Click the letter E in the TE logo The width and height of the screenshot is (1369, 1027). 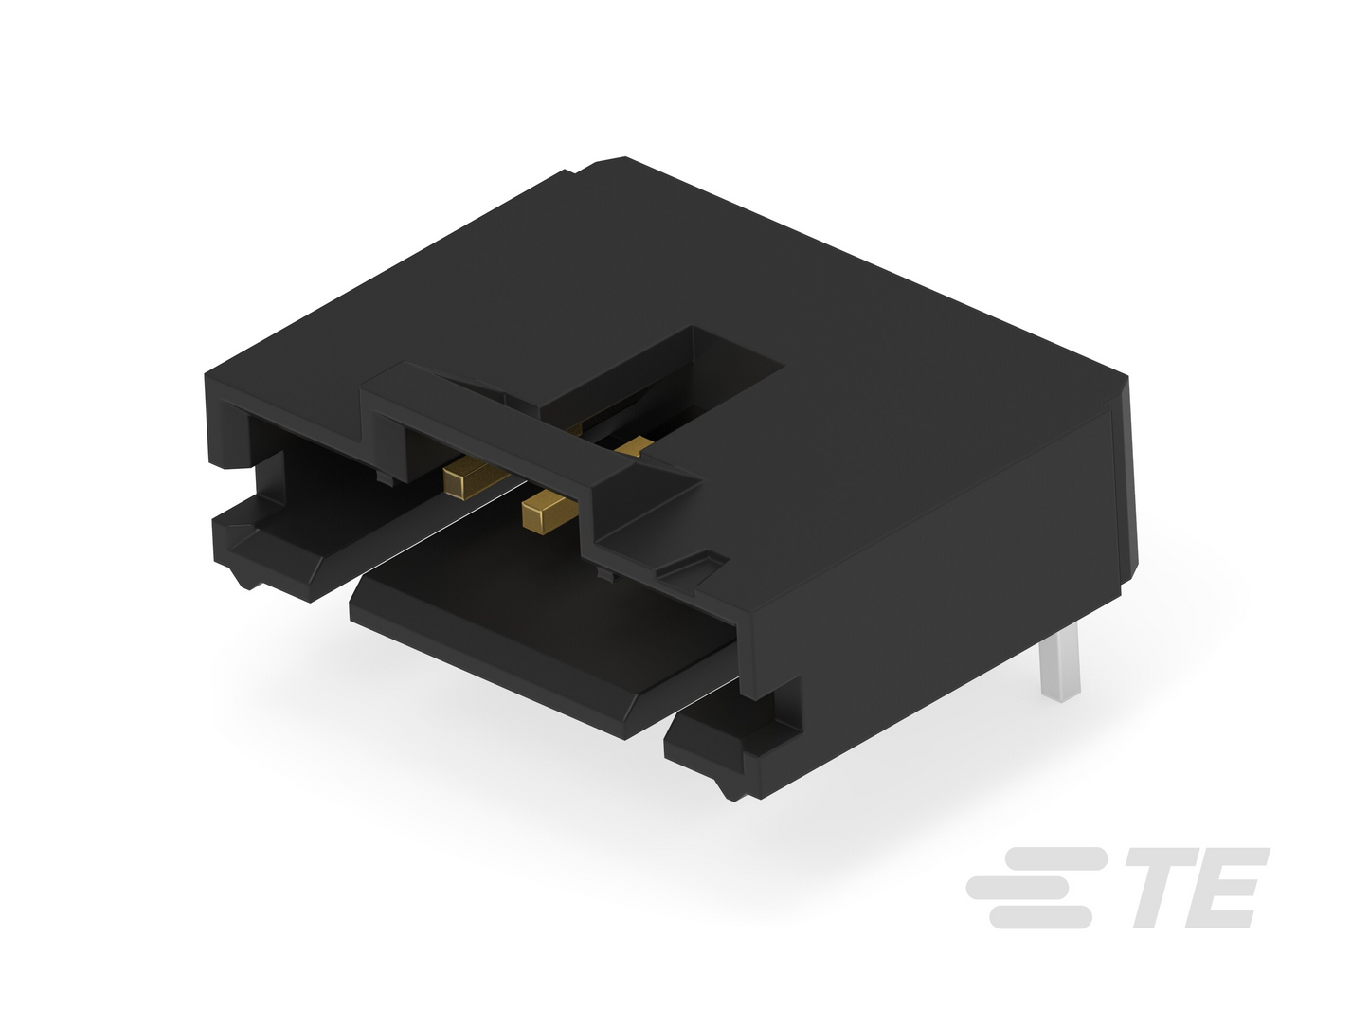(1229, 888)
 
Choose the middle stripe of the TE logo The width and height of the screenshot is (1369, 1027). (1018, 888)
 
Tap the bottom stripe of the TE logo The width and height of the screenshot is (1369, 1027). (1040, 917)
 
